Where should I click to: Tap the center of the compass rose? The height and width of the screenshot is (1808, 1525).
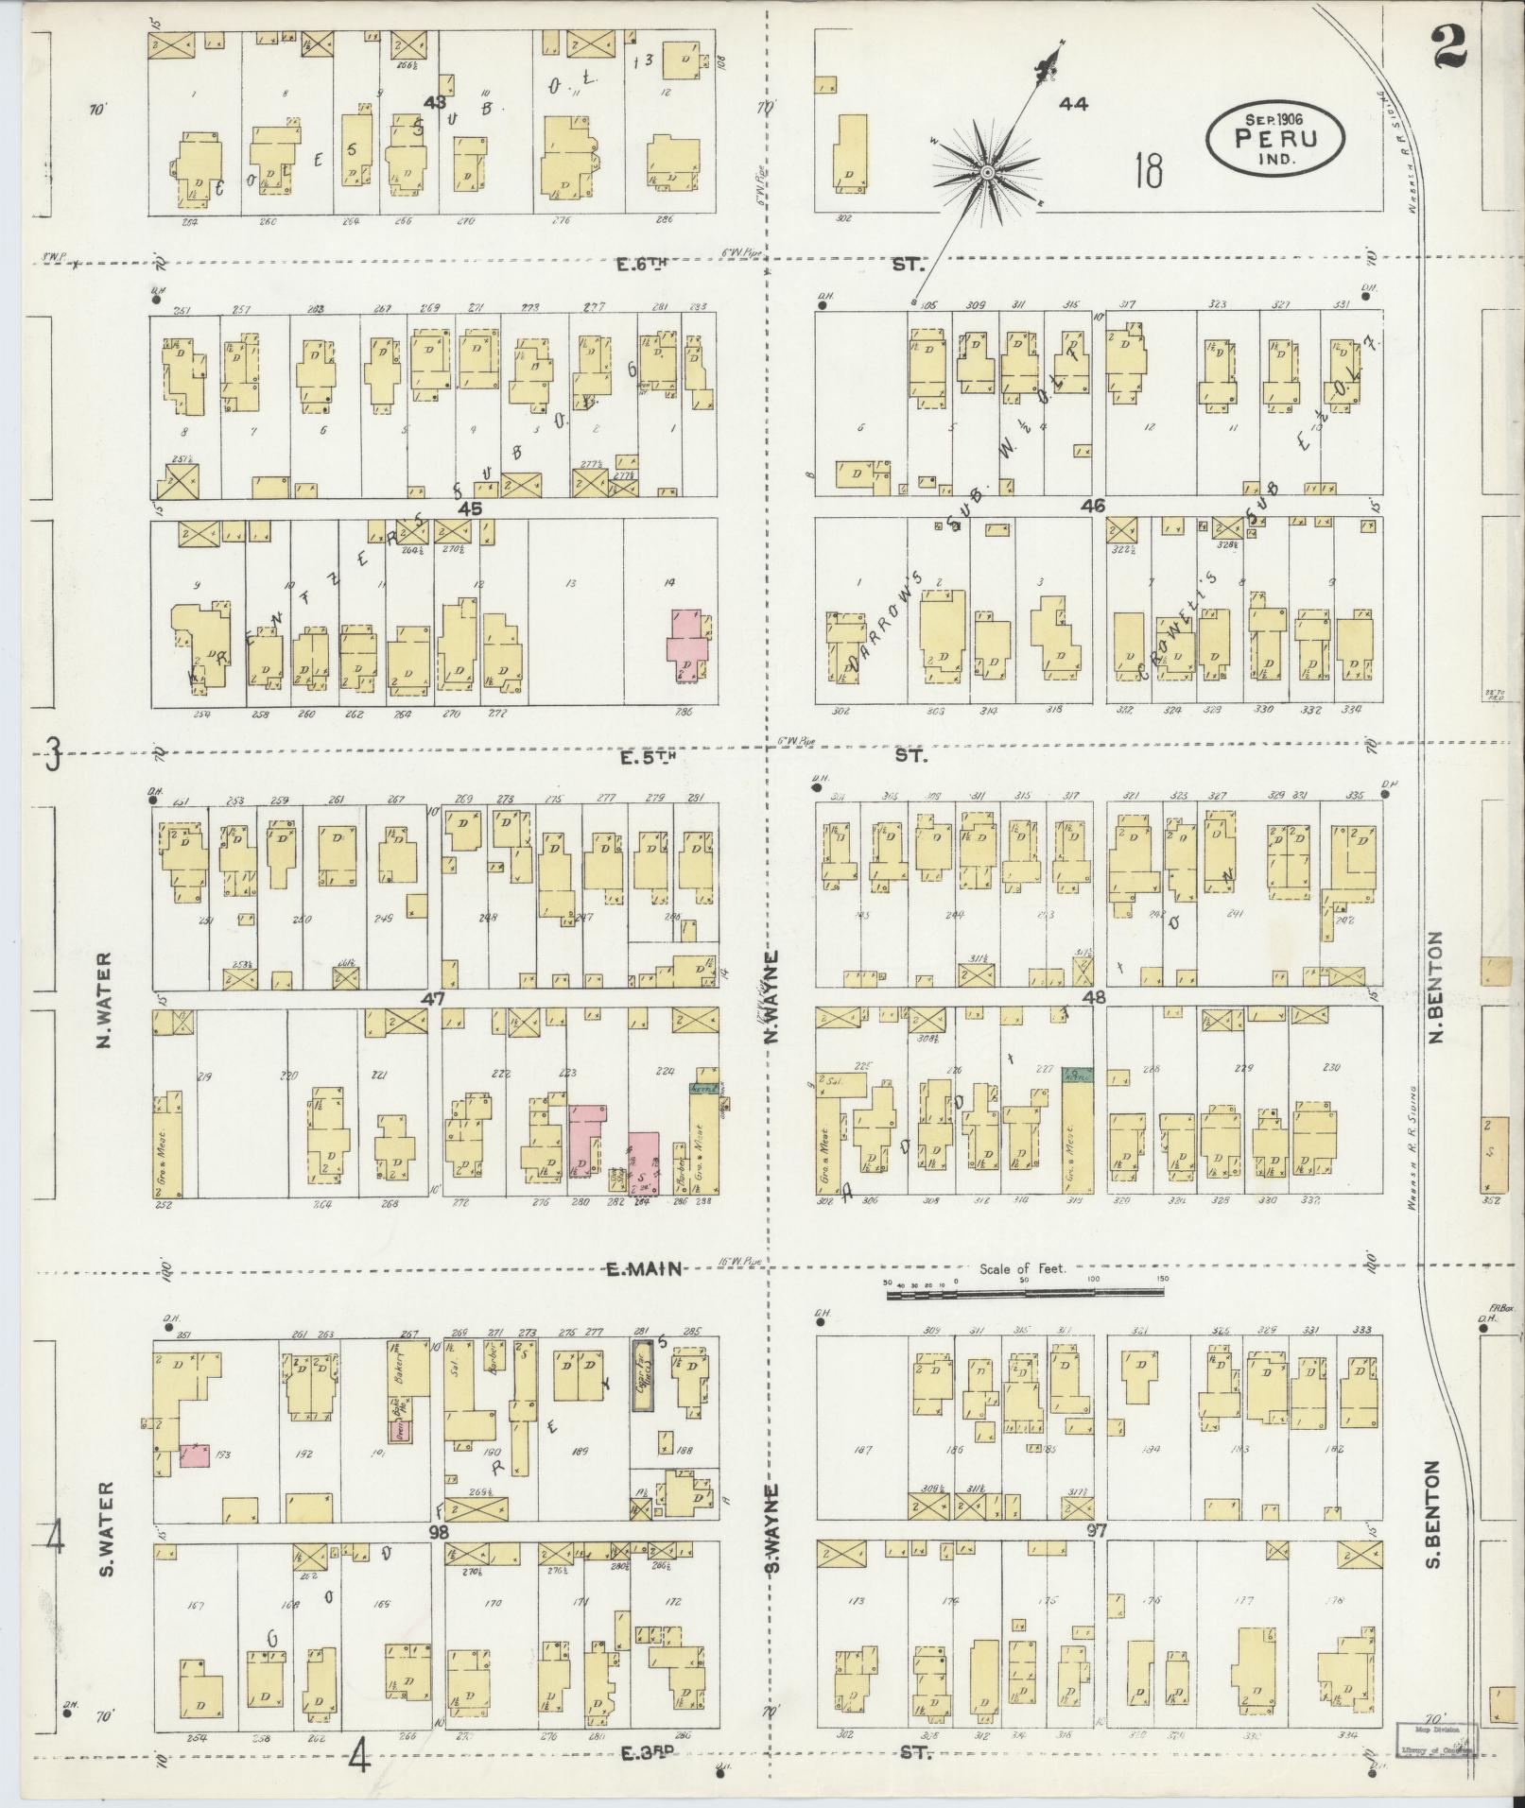point(986,172)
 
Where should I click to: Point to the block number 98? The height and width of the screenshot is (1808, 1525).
point(437,1531)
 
